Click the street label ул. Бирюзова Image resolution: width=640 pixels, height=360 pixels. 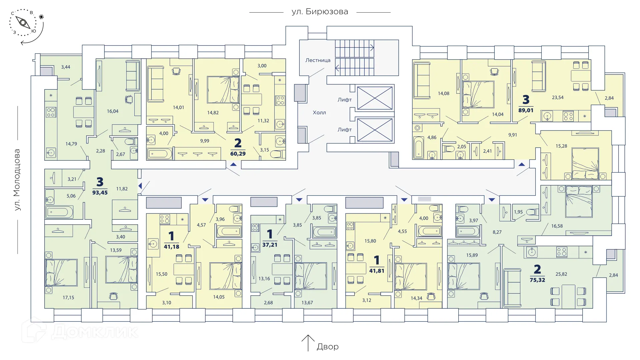[320, 12]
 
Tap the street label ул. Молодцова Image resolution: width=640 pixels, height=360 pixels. [17, 180]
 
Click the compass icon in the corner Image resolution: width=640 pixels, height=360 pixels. [24, 23]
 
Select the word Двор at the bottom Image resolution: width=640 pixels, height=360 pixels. [327, 347]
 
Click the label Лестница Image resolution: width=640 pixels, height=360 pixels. [318, 60]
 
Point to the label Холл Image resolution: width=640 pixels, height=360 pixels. [319, 113]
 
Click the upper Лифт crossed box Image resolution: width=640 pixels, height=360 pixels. [375, 98]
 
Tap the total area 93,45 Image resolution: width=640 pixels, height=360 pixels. [100, 192]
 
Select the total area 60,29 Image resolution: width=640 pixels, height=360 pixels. [238, 154]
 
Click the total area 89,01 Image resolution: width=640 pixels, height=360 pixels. [526, 110]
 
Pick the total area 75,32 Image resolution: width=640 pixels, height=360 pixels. [537, 280]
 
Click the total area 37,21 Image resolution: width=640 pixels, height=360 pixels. [270, 245]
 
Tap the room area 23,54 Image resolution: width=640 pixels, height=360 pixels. [557, 98]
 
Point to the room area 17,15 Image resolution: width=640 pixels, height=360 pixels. [68, 298]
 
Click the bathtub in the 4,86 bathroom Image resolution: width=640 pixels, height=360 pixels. [418, 147]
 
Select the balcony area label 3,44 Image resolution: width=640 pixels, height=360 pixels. [66, 67]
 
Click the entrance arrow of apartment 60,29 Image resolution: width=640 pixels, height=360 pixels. [233, 164]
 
